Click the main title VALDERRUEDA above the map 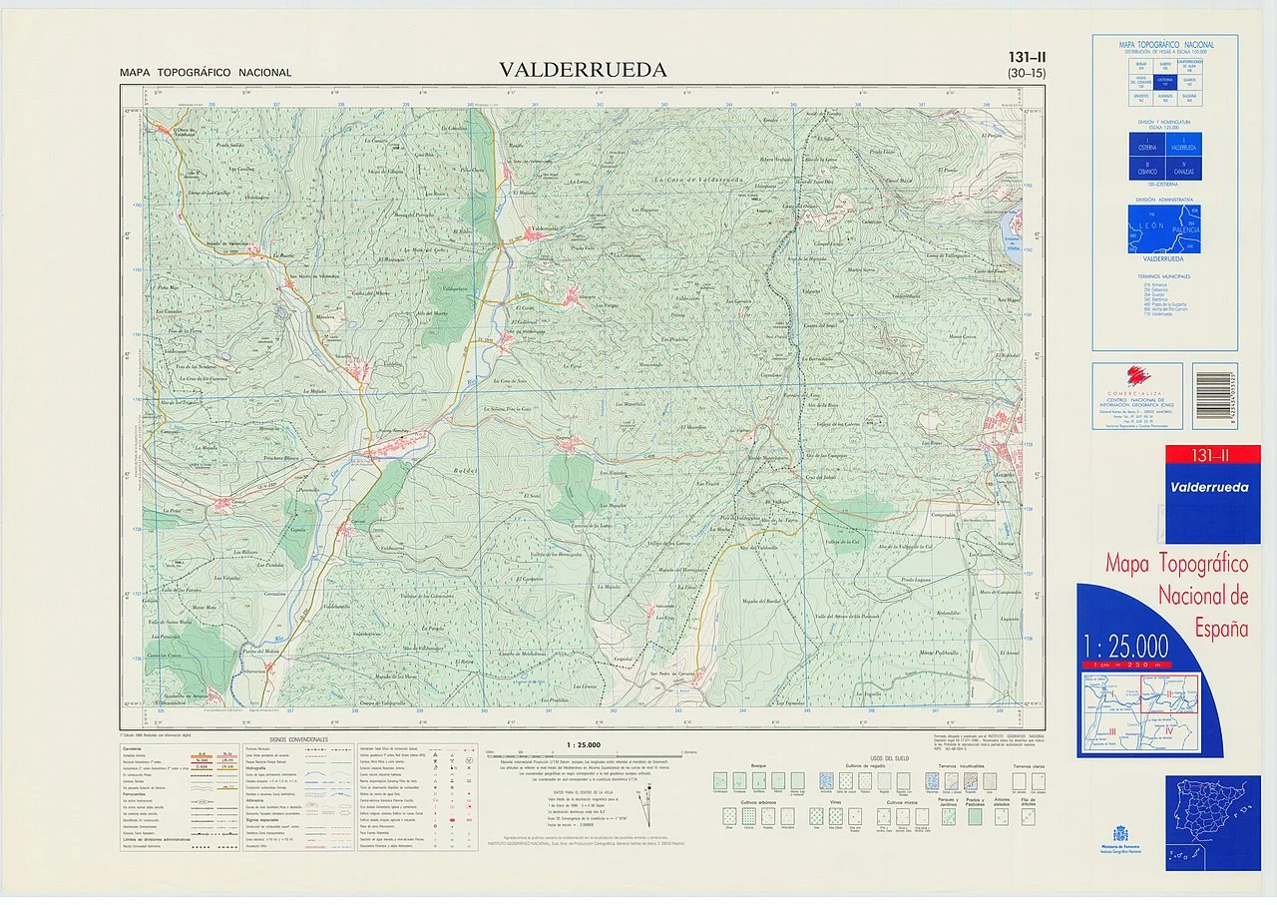tap(584, 70)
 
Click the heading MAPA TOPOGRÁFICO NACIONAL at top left tap(206, 73)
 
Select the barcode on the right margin tap(1214, 382)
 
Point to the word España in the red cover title tap(1221, 629)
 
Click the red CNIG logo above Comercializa tap(1136, 375)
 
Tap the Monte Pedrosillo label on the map tap(938, 652)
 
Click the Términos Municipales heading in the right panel tap(1164, 276)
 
